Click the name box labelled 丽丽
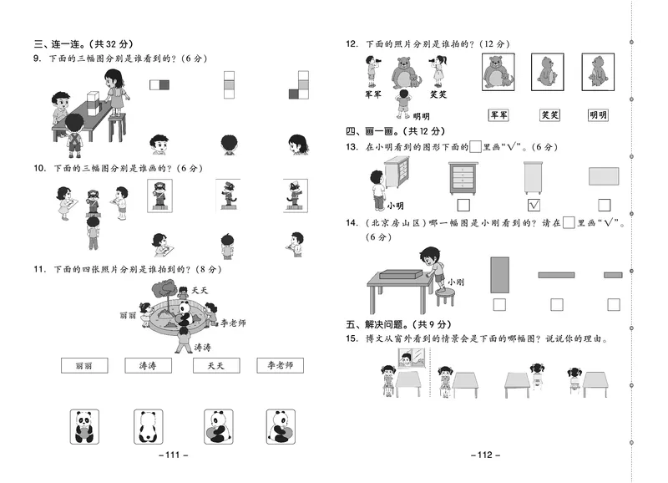pos(83,365)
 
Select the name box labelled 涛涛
pos(148,365)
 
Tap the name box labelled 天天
pos(215,365)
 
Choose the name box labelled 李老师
pos(280,365)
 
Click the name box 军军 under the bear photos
pos(500,115)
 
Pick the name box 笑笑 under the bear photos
pos(549,115)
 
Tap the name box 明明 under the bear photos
pos(598,115)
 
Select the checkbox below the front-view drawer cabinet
pos(463,205)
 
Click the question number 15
pos(351,338)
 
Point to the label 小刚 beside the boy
pos(455,282)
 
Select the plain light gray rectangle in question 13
pos(604,175)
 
